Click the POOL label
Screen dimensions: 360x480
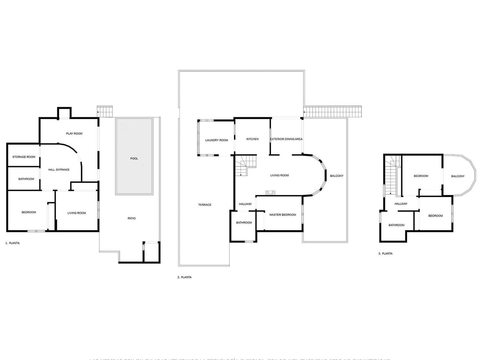(x=134, y=159)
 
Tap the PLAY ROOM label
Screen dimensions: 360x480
(x=74, y=134)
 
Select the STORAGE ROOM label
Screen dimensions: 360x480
(x=24, y=157)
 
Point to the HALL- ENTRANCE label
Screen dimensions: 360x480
(x=59, y=170)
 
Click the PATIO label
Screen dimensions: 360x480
(x=132, y=219)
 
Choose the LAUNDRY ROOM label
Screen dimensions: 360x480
(x=217, y=140)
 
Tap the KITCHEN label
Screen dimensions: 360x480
(x=252, y=139)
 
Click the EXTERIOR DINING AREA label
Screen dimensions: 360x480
(x=286, y=139)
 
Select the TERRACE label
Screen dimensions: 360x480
(x=205, y=205)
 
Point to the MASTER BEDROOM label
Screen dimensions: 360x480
(x=283, y=215)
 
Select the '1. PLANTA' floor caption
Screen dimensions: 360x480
(x=12, y=243)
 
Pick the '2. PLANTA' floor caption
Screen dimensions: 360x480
(x=184, y=277)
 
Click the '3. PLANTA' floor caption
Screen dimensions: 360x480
(x=385, y=254)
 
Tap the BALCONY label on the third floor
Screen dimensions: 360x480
(x=458, y=176)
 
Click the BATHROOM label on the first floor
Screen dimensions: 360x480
(x=26, y=179)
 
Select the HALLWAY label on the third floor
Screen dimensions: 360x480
(x=401, y=204)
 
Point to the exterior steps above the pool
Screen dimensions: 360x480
(x=105, y=112)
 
